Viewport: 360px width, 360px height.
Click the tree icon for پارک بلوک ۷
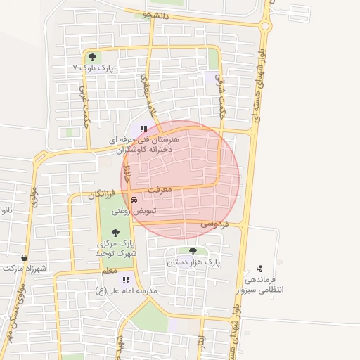(x=92, y=57)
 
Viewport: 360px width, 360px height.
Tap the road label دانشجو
(x=155, y=14)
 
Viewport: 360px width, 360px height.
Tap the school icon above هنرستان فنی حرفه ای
(x=144, y=129)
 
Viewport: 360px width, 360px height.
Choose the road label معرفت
(x=160, y=190)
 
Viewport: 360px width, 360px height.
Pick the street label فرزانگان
(x=101, y=193)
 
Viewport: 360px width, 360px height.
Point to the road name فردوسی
(x=214, y=224)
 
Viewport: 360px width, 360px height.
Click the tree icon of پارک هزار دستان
(x=193, y=251)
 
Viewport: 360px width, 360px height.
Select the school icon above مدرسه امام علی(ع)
(x=126, y=280)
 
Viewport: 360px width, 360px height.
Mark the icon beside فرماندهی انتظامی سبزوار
(x=259, y=268)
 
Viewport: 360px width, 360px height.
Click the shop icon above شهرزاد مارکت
(x=25, y=258)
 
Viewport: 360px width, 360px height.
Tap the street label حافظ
(x=127, y=172)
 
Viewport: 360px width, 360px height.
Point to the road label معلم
(x=109, y=271)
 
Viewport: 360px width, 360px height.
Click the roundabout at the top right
(x=265, y=27)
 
